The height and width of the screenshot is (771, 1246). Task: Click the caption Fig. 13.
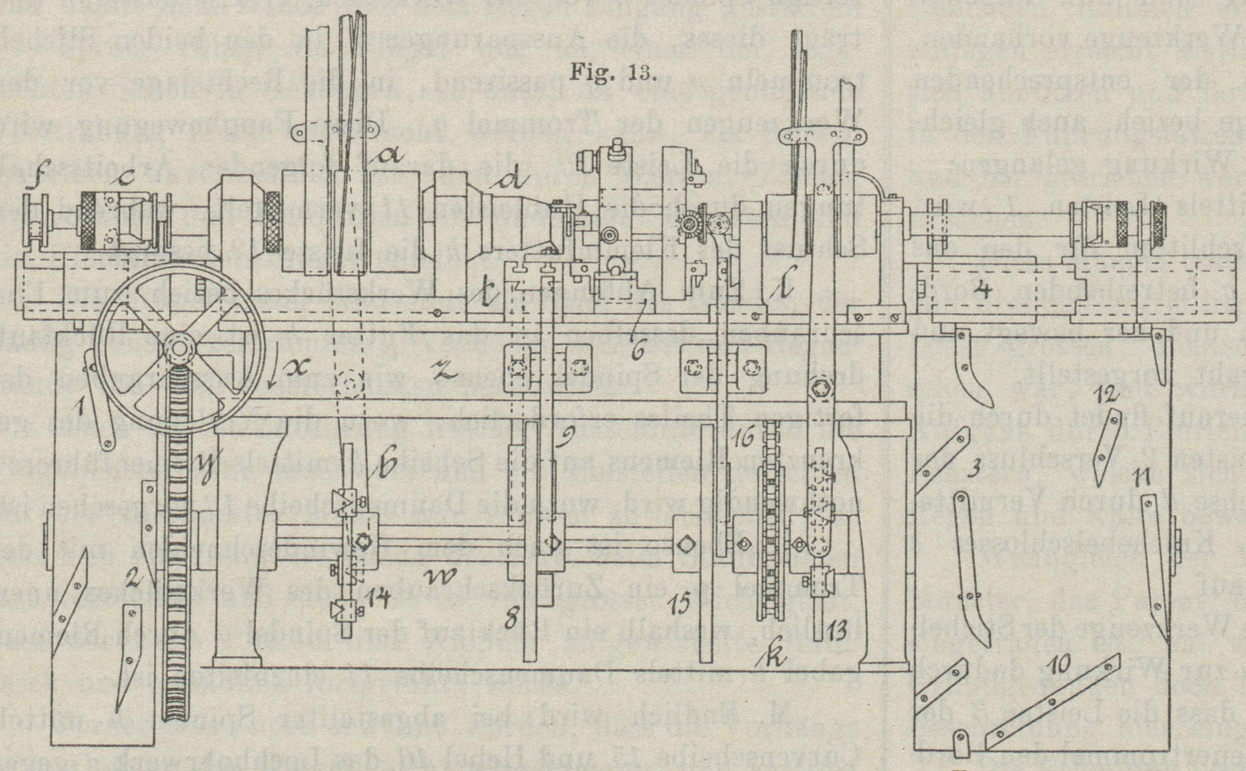(x=611, y=74)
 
